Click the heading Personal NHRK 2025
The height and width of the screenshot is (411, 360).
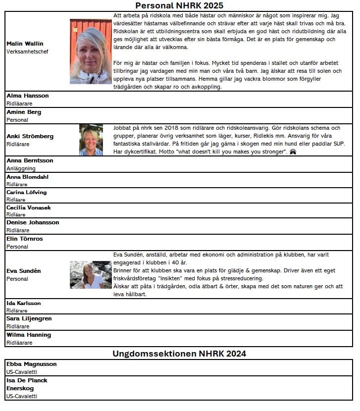pyautogui.click(x=179, y=5)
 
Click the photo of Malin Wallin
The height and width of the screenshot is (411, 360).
pyautogui.click(x=91, y=51)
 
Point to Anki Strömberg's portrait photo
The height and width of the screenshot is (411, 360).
pyautogui.click(x=91, y=140)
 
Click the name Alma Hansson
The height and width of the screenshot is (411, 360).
pyautogui.click(x=28, y=96)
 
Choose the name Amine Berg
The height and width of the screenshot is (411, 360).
pyautogui.click(x=24, y=112)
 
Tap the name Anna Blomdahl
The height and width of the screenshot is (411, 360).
pyautogui.click(x=28, y=177)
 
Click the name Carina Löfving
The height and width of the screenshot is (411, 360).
pyautogui.click(x=27, y=192)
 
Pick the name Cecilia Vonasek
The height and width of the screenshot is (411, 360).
pyautogui.click(x=29, y=207)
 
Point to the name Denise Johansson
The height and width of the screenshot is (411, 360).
pyautogui.click(x=33, y=222)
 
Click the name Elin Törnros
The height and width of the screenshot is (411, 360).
pyautogui.click(x=25, y=239)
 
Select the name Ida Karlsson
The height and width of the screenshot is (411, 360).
pyautogui.click(x=24, y=303)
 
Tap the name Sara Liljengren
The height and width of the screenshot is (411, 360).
pyautogui.click(x=29, y=318)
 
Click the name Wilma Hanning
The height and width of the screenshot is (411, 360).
pyautogui.click(x=29, y=335)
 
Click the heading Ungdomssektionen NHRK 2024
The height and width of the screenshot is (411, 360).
pyautogui.click(x=179, y=354)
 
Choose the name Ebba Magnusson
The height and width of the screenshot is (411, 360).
pyautogui.click(x=32, y=364)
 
